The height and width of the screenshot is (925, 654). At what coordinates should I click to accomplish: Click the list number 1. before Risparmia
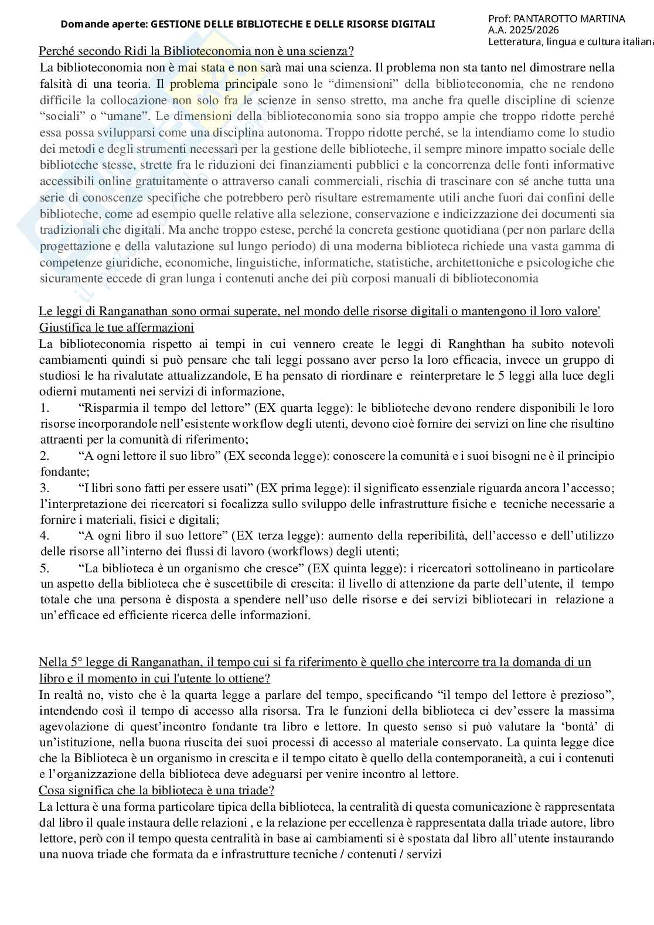(45, 407)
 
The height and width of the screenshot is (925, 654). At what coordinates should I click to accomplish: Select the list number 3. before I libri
(45, 487)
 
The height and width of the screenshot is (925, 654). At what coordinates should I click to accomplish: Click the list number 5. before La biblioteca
(45, 568)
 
